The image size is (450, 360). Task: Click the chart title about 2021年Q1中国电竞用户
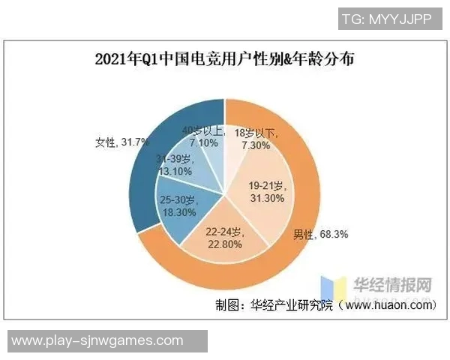pyautogui.click(x=225, y=59)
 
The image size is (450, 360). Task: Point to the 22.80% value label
pyautogui.click(x=224, y=243)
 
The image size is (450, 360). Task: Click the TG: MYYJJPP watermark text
pyautogui.click(x=390, y=19)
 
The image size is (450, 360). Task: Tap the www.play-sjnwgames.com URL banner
pyautogui.click(x=97, y=340)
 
